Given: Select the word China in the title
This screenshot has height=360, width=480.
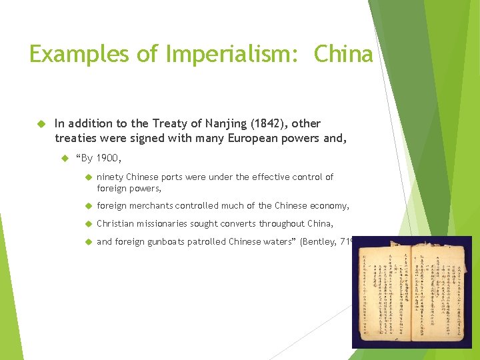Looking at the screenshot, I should [x=343, y=54].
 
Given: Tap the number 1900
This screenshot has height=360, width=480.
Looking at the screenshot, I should [x=108, y=158].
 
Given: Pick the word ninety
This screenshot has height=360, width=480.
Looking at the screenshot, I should [x=111, y=177].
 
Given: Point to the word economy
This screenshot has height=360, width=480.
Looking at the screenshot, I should [x=327, y=206].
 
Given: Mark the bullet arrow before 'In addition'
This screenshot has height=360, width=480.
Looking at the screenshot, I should [x=40, y=123].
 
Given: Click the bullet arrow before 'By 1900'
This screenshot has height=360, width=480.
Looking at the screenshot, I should [x=65, y=159].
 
